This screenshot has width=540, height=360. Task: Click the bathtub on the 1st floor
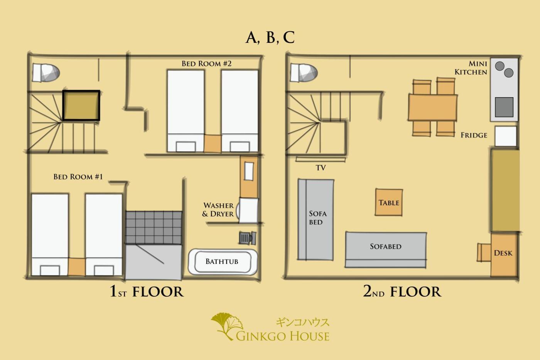[223, 262]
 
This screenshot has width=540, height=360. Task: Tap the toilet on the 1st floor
[46, 73]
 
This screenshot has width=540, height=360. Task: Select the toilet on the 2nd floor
[304, 73]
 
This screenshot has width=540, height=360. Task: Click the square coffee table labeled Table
[389, 202]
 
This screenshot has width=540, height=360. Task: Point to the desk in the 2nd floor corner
[504, 255]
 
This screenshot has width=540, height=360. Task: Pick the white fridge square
[506, 136]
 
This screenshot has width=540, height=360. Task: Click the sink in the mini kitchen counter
[504, 107]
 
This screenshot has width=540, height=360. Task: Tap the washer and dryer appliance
[248, 210]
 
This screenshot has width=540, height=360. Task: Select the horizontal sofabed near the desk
[386, 250]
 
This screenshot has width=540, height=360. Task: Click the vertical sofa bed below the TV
[316, 220]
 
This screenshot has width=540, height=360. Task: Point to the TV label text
[321, 167]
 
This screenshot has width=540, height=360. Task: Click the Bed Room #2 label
[206, 64]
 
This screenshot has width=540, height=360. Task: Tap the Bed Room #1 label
[78, 177]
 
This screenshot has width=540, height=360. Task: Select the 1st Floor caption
[147, 291]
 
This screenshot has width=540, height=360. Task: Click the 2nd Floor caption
[402, 291]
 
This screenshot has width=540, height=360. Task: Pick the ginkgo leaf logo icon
[227, 326]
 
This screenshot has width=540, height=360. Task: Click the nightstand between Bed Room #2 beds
[213, 144]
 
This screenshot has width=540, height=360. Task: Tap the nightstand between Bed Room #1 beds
[76, 267]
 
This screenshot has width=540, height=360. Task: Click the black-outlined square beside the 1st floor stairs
[81, 105]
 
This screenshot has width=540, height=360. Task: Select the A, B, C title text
[270, 37]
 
